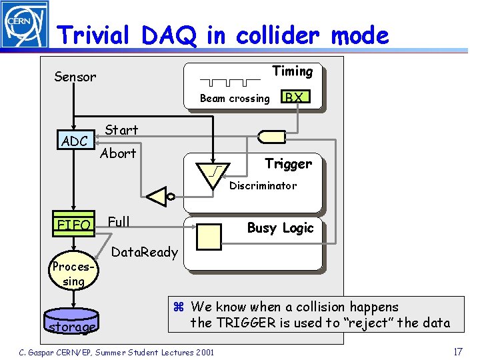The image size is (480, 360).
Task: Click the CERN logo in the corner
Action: click(24, 25)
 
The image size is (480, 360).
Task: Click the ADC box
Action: click(75, 141)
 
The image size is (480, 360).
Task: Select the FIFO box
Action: click(74, 225)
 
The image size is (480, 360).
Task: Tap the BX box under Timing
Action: click(294, 97)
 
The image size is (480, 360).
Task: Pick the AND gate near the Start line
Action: click(271, 136)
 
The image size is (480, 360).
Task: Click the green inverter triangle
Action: click(158, 197)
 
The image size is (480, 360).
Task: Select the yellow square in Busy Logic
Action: click(209, 237)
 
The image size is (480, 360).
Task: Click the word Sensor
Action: click(75, 77)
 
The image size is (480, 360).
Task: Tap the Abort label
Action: click(118, 153)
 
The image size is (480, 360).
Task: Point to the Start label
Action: click(121, 130)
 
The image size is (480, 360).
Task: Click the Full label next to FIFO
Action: click(119, 221)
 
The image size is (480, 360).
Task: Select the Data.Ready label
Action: click(144, 252)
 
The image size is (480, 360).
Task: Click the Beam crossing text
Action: click(235, 99)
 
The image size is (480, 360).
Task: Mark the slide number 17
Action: click(457, 351)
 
